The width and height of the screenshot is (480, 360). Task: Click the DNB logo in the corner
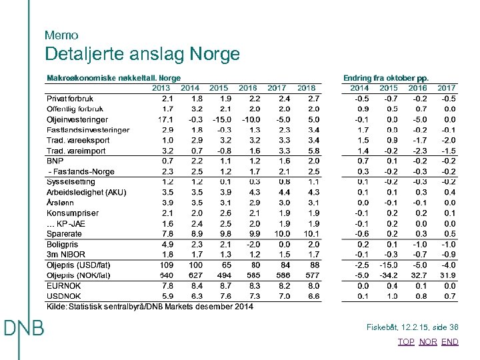coord(23,328)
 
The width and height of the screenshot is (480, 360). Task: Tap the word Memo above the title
coord(61,35)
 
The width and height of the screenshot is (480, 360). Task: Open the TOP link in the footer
coord(406,341)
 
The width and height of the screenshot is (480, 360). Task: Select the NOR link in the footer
coord(428,341)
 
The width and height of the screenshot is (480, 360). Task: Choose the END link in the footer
coord(450,341)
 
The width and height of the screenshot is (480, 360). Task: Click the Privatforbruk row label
coord(70,99)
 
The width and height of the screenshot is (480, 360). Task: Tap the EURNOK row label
coord(64,285)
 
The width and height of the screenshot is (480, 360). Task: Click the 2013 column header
coord(161,88)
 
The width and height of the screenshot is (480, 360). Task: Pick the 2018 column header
coord(307,88)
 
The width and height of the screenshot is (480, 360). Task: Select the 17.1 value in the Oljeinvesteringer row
coord(165,119)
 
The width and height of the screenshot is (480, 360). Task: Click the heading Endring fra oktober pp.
coord(386,78)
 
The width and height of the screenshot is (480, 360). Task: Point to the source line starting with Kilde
coord(149,307)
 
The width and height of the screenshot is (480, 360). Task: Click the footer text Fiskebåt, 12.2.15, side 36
coord(412,327)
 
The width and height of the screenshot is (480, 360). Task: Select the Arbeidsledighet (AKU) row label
coord(86,192)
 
